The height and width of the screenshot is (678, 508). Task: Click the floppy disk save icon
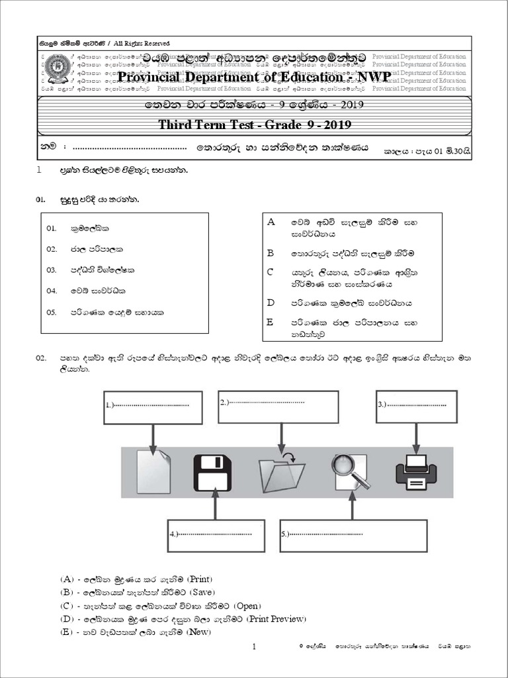212,473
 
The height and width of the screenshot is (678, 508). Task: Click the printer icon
415,473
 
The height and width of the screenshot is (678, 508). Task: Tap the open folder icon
282,473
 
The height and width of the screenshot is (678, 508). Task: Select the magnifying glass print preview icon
351,473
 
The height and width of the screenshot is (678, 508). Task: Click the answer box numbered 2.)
278,405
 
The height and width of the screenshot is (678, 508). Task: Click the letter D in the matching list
270,303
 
